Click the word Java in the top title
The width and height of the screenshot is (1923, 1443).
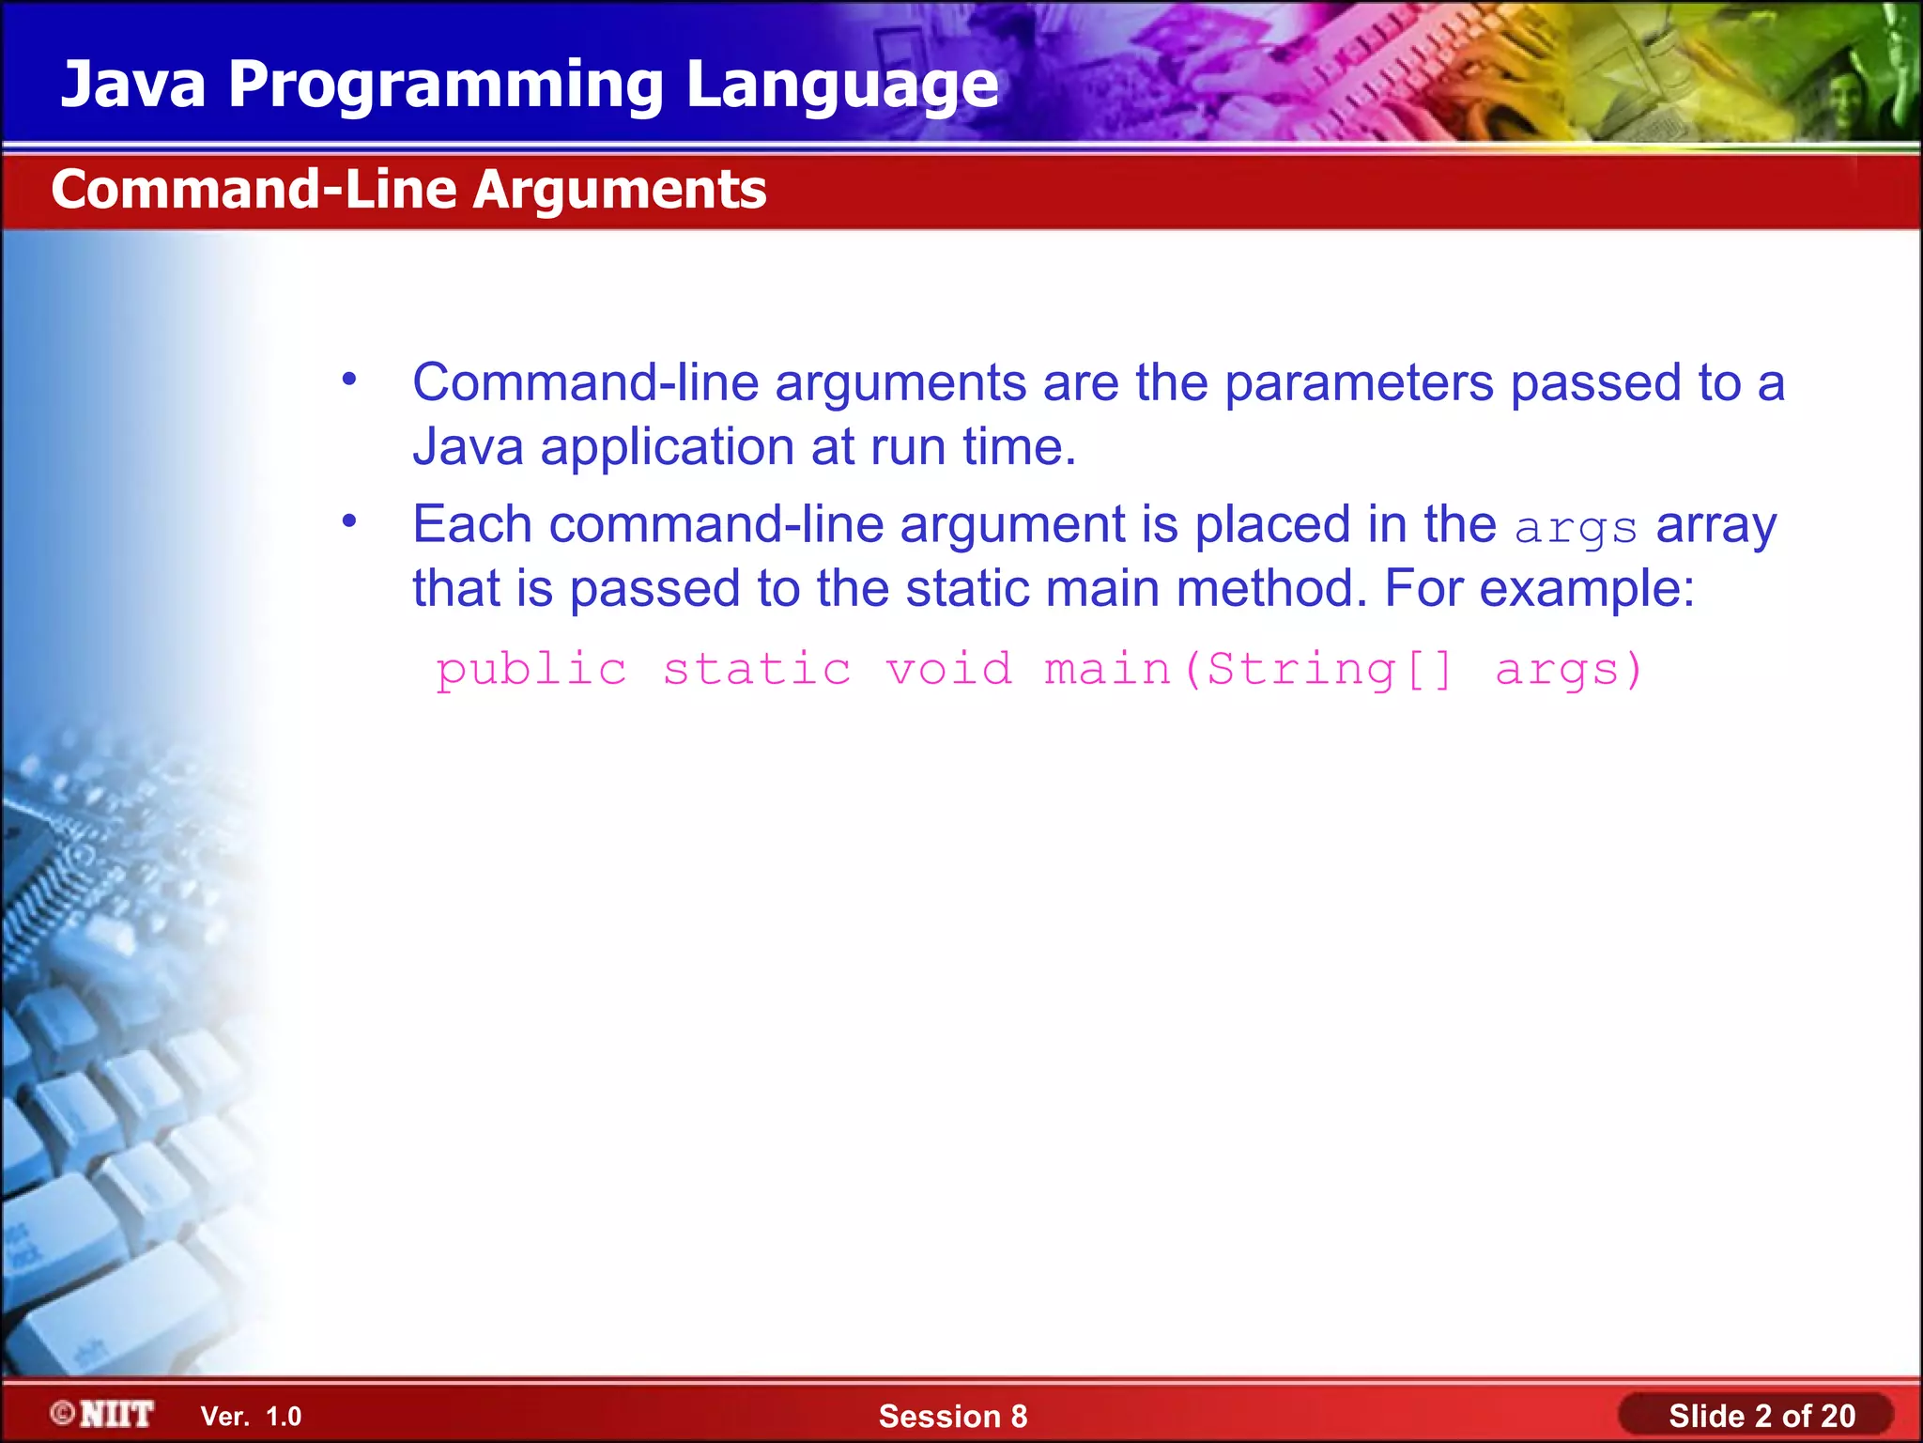pos(132,85)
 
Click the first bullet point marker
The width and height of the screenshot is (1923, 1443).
pos(349,380)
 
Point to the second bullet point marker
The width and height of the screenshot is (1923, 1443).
pos(349,520)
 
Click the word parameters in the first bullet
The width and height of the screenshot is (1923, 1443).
pos(1358,383)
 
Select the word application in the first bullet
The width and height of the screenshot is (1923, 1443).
pos(668,447)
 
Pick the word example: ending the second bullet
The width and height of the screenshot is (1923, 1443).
pos(1587,590)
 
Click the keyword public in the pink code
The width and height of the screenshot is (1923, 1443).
pos(531,671)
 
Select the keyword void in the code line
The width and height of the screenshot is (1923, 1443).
pos(949,669)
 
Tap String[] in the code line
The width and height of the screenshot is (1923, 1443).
pos(1329,671)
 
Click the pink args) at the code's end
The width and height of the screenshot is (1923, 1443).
pos(1568,671)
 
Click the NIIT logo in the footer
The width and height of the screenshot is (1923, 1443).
pos(103,1414)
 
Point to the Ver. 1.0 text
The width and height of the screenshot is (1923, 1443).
pos(252,1416)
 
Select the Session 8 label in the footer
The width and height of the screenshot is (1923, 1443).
pos(952,1416)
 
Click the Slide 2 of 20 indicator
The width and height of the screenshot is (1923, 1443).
pos(1761,1416)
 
